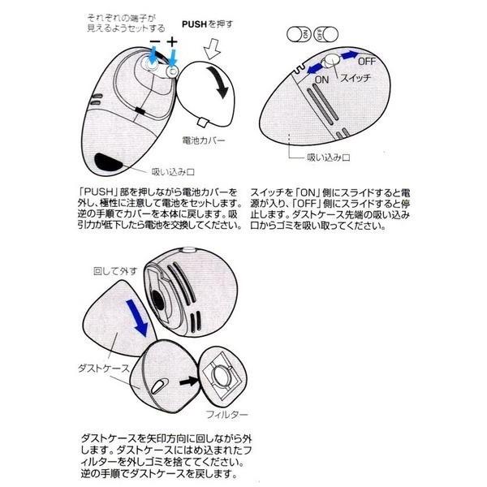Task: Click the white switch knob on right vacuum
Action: [x=330, y=63]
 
